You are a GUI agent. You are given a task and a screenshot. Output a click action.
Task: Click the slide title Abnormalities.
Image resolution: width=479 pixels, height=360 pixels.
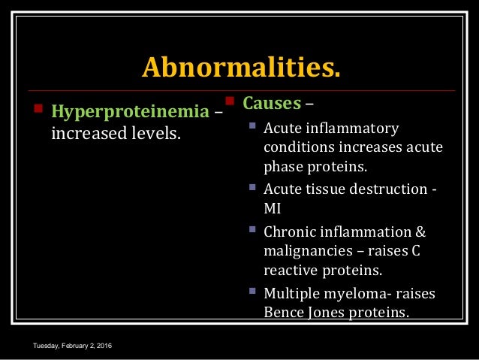pos(240,68)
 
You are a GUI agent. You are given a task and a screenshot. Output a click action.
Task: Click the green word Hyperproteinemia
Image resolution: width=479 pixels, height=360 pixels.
pos(128,113)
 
